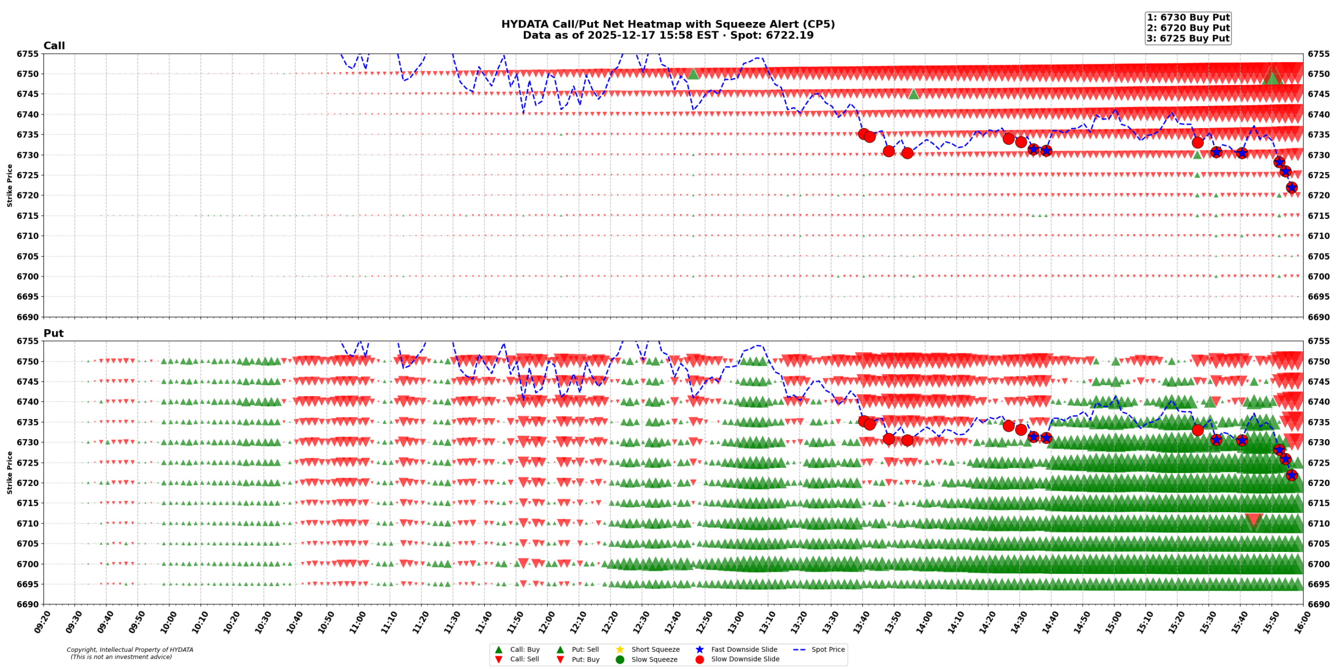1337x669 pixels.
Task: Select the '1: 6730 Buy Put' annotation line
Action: [x=1188, y=17]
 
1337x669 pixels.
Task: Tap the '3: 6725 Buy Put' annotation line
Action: [x=1188, y=38]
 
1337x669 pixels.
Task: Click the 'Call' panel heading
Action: [x=54, y=45]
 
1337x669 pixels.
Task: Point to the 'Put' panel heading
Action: [x=53, y=333]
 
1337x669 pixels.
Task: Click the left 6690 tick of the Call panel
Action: [x=28, y=317]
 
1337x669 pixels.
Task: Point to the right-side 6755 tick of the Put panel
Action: [x=1318, y=341]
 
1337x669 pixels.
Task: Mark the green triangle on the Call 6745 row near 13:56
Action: [x=913, y=94]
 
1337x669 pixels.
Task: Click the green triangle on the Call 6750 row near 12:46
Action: [x=693, y=74]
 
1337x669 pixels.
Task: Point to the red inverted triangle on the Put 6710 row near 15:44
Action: [x=1253, y=521]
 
